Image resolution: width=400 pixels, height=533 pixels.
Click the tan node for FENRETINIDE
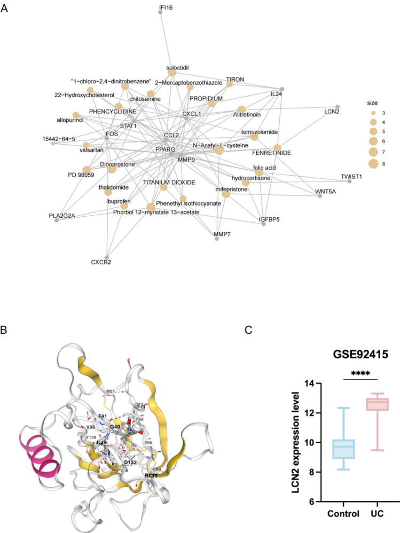[277, 147]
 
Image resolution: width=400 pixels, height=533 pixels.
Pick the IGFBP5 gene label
[270, 218]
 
